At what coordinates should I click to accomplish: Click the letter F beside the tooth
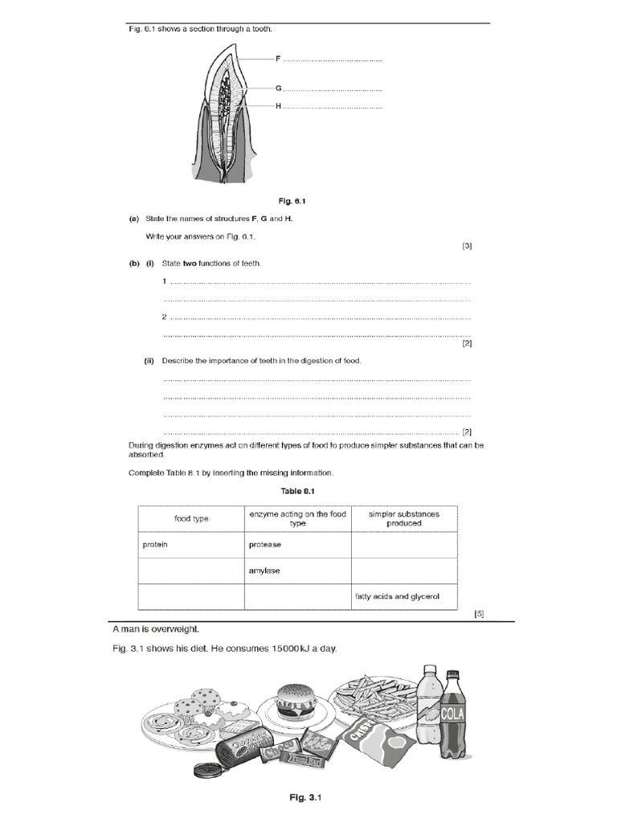[278, 59]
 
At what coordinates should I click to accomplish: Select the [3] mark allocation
[467, 246]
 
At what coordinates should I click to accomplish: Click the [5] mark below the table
[479, 614]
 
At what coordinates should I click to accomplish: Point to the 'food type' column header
[191, 518]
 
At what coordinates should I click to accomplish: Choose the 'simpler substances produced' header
[403, 518]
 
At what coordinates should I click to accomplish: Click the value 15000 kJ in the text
[288, 649]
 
